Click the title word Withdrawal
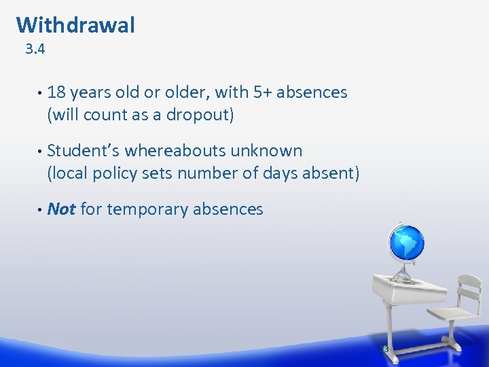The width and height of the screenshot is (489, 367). (75, 25)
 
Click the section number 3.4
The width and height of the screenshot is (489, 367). (35, 50)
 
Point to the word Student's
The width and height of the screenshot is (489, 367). (84, 151)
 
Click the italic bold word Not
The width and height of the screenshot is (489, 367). (61, 209)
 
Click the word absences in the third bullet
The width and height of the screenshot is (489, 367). (228, 209)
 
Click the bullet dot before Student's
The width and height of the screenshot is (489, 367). (39, 151)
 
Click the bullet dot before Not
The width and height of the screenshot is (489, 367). (39, 209)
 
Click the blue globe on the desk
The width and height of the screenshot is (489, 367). (405, 243)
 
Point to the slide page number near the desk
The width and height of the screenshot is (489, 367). (384, 349)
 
